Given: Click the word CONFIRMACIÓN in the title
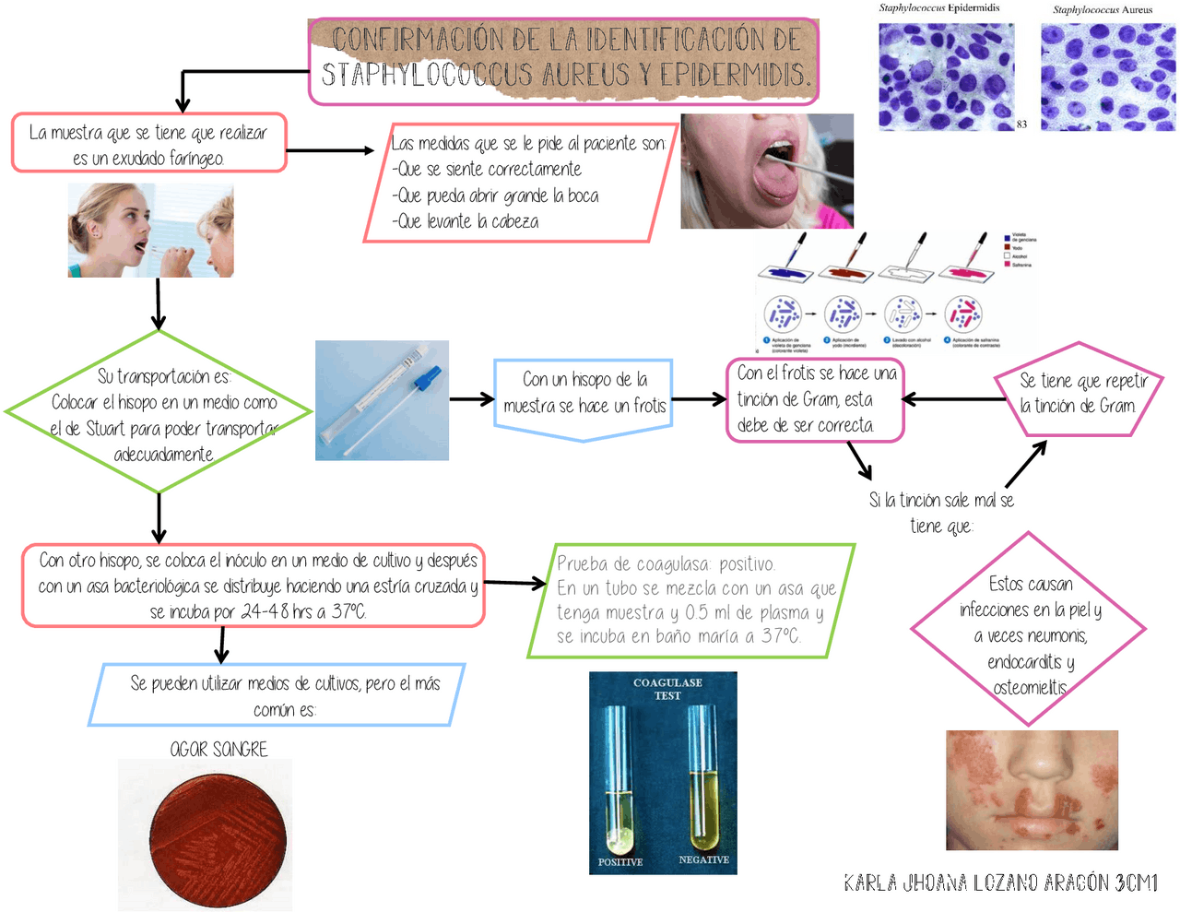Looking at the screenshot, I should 420,41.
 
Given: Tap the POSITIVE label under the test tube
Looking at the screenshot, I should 620,862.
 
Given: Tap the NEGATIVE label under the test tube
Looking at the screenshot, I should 703,859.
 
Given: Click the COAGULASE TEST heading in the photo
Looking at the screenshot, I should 667,689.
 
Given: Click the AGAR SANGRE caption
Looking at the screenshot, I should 218,749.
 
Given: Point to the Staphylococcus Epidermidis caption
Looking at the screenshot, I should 938,8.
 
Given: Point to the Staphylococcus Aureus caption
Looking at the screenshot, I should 1103,10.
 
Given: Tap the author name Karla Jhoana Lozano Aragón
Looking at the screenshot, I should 999,883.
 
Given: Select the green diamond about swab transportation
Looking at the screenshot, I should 159,413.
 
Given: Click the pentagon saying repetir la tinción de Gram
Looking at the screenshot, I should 1078,393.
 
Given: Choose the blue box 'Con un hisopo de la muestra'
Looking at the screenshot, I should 584,394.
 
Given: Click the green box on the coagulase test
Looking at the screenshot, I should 691,600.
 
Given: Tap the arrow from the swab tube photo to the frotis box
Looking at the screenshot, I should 472,399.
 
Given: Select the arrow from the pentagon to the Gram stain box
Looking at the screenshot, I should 953,399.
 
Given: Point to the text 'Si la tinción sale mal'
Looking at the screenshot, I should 940,501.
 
